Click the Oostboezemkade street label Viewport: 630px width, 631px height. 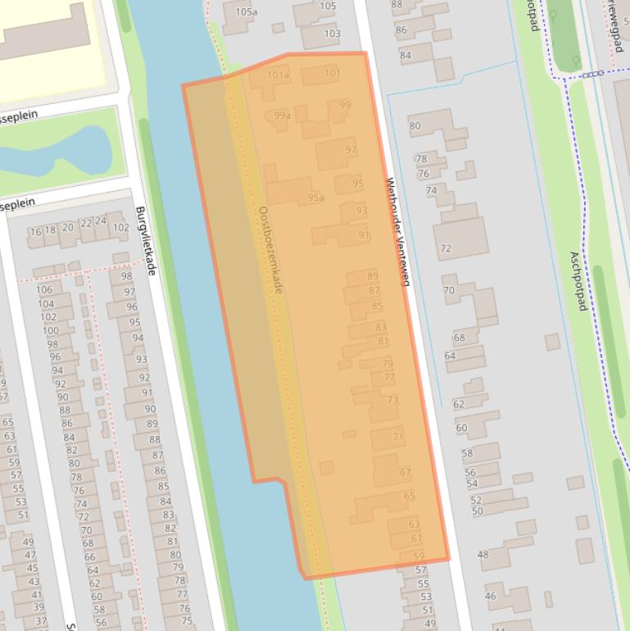click(x=270, y=250)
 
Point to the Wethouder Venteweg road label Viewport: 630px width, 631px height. click(x=397, y=232)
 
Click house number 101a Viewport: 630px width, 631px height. click(x=279, y=75)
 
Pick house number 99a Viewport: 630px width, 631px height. click(x=282, y=116)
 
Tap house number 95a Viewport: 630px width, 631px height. click(x=315, y=197)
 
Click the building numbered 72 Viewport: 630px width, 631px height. click(x=446, y=248)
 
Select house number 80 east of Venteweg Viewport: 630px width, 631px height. click(x=415, y=126)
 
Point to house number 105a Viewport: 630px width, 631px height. click(x=246, y=11)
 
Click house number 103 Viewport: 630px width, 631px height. click(x=332, y=34)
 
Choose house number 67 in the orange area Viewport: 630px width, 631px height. click(x=406, y=472)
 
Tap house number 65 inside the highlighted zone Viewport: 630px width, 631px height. click(x=410, y=496)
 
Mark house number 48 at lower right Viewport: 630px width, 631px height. click(x=483, y=555)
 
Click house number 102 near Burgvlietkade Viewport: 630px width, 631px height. click(x=120, y=228)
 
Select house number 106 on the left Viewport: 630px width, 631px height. click(x=44, y=289)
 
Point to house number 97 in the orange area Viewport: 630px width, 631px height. click(x=351, y=150)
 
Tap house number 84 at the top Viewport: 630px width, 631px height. click(x=406, y=56)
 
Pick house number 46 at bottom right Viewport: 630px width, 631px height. click(x=491, y=596)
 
